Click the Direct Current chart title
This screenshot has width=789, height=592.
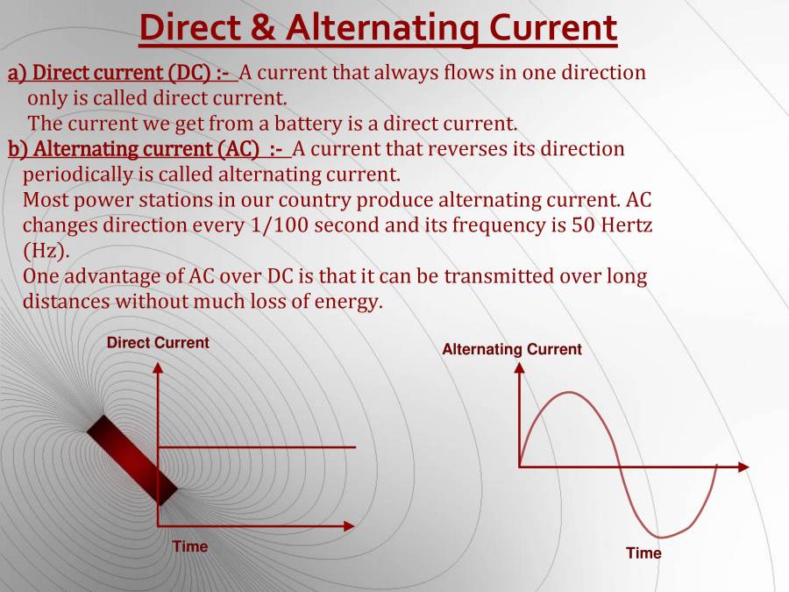tap(158, 343)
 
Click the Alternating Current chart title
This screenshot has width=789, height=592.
tap(511, 349)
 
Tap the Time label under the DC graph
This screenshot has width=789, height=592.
tap(190, 546)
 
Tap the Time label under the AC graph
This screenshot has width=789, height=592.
tap(643, 553)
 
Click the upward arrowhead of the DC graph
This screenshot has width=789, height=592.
tap(158, 368)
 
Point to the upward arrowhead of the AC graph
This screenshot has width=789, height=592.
tap(519, 368)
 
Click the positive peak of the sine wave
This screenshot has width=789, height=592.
tap(570, 393)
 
